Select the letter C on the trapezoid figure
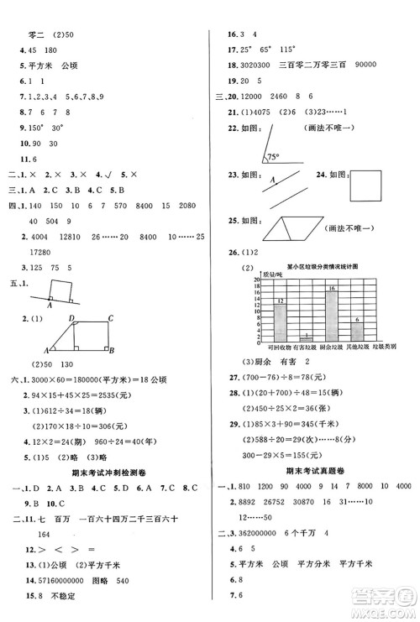pyautogui.click(x=111, y=317)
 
